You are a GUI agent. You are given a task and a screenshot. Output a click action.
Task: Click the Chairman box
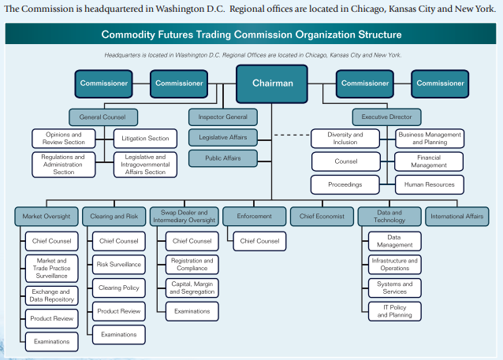pyautogui.click(x=272, y=84)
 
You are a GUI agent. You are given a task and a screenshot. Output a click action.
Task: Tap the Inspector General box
pyautogui.click(x=223, y=117)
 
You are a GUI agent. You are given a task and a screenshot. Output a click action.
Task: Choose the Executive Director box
pyautogui.click(x=386, y=117)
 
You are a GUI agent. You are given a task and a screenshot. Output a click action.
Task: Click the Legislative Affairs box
pyautogui.click(x=223, y=138)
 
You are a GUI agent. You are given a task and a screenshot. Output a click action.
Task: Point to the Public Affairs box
pyautogui.click(x=223, y=158)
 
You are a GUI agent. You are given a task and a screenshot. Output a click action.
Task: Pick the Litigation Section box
pyautogui.click(x=146, y=139)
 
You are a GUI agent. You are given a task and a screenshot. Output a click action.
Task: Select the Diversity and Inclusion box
pyautogui.click(x=345, y=139)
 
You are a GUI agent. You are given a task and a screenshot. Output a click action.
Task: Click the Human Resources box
pyautogui.click(x=429, y=185)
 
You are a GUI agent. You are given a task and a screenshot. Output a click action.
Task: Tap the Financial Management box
pyautogui.click(x=429, y=161)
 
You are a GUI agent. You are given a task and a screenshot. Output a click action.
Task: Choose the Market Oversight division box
pyautogui.click(x=46, y=216)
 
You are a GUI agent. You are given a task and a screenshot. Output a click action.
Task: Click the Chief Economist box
pyautogui.click(x=322, y=216)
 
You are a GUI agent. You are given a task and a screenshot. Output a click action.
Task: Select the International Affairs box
pyautogui.click(x=457, y=216)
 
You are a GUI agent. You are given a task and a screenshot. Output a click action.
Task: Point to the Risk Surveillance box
pyautogui.click(x=118, y=265)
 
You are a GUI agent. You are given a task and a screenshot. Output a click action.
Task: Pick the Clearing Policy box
pyautogui.click(x=118, y=288)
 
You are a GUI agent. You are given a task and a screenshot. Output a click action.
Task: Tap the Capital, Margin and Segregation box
pyautogui.click(x=192, y=288)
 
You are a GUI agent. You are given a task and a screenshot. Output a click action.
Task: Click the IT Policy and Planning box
pyautogui.click(x=394, y=310)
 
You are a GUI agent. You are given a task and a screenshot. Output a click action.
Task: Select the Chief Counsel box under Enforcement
pyautogui.click(x=259, y=240)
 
